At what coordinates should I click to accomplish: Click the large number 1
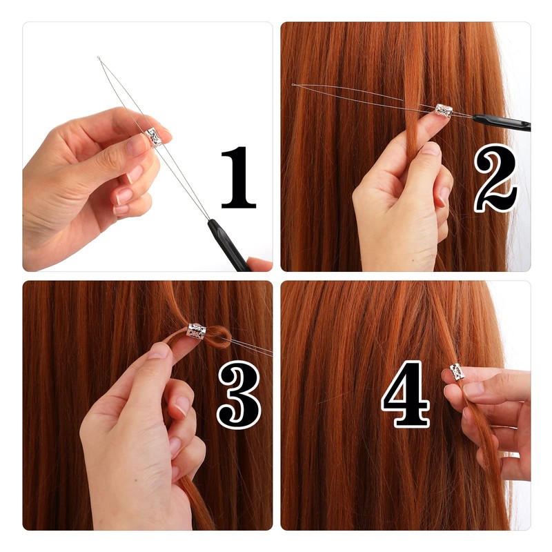pyautogui.click(x=238, y=177)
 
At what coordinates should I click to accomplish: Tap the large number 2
pyautogui.click(x=495, y=178)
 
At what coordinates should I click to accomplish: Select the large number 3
pyautogui.click(x=239, y=395)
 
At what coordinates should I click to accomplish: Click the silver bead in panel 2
pyautogui.click(x=444, y=110)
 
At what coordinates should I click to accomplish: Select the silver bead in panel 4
pyautogui.click(x=457, y=372)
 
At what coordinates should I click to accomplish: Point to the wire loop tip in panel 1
pyautogui.click(x=99, y=59)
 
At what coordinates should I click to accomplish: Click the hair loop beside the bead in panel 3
pyautogui.click(x=219, y=337)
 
